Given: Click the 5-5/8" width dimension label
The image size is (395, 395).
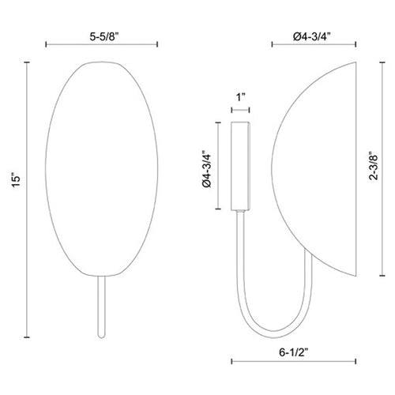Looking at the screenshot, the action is pyautogui.click(x=104, y=37).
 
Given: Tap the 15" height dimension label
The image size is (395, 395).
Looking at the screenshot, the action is pyautogui.click(x=17, y=180).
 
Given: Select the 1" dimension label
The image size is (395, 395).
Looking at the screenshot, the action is pyautogui.click(x=241, y=97).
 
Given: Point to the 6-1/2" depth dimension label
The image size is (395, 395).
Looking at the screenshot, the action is pyautogui.click(x=294, y=352).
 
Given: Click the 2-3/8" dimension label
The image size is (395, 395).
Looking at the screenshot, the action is pyautogui.click(x=374, y=166).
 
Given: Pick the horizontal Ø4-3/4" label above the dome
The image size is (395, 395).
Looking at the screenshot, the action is pyautogui.click(x=312, y=37).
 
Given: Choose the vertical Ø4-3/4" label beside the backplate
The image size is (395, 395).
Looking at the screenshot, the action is pyautogui.click(x=207, y=169).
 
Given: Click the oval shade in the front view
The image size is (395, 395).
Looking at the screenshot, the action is pyautogui.click(x=102, y=169).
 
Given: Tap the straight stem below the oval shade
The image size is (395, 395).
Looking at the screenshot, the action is pyautogui.click(x=101, y=307).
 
